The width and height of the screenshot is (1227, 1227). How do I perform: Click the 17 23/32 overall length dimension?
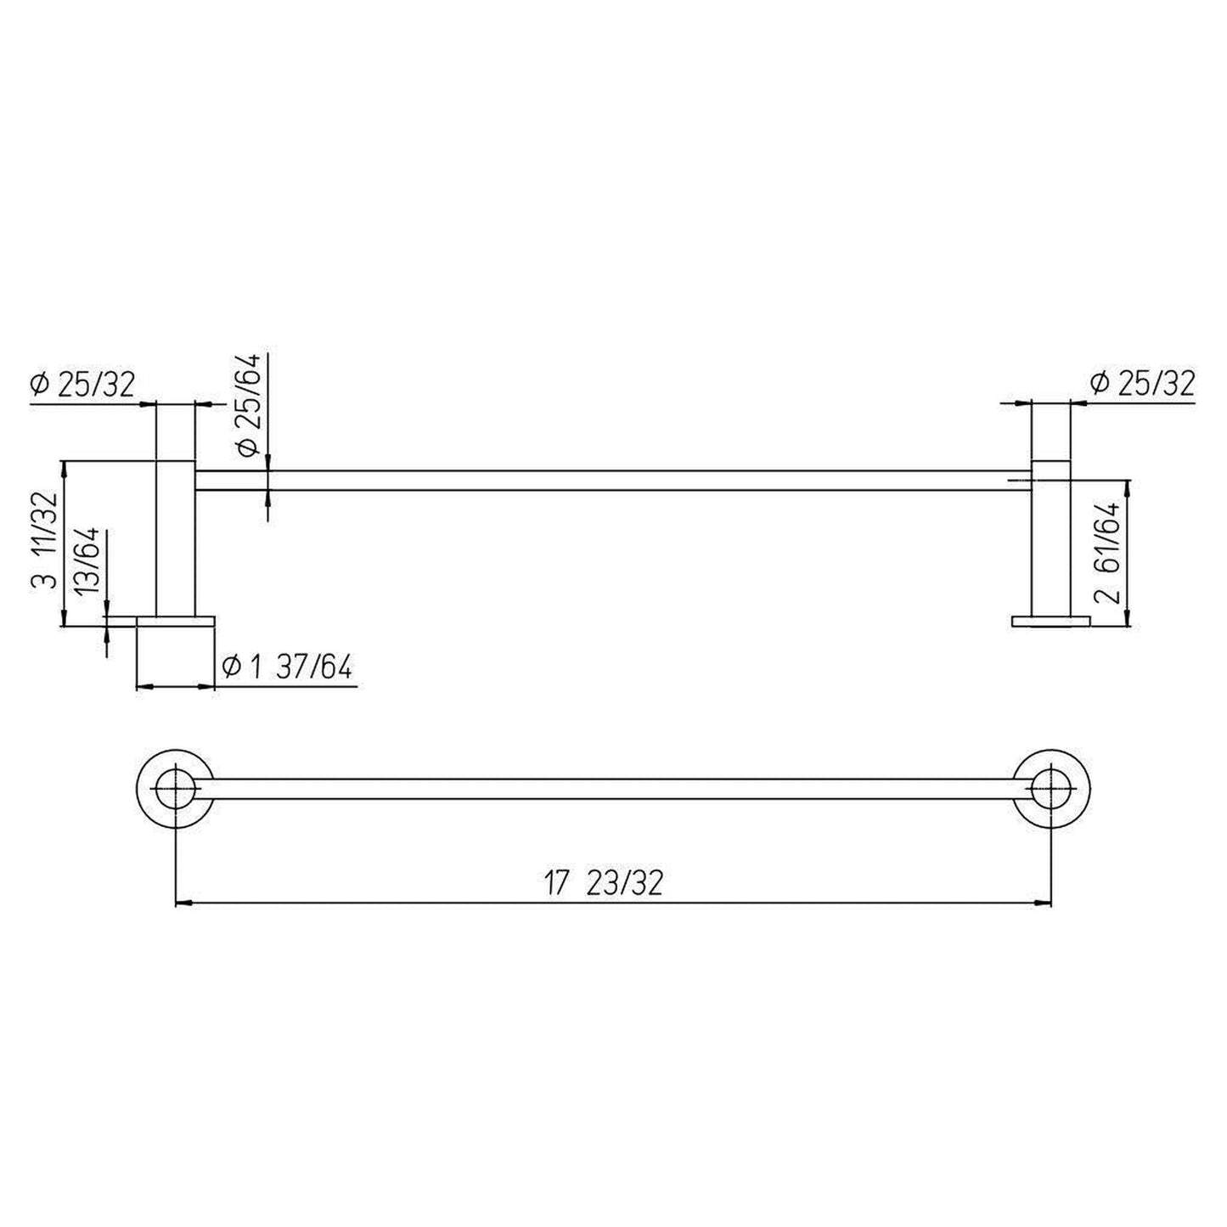tap(603, 883)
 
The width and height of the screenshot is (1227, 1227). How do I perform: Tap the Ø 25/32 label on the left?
tap(83, 385)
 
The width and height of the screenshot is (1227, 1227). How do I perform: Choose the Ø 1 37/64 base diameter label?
tap(286, 667)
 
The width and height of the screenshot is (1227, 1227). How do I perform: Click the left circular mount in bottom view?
tap(175, 787)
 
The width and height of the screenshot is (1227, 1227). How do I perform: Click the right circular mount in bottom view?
tap(1052, 787)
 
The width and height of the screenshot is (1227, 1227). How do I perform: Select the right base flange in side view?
tap(1051, 621)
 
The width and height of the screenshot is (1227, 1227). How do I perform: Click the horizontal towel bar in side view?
tap(611, 480)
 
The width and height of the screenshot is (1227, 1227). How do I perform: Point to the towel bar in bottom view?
tap(611, 787)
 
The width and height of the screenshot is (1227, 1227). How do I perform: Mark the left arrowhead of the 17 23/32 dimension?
tap(182, 903)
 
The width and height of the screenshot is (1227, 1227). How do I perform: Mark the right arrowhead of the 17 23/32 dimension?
tap(1045, 903)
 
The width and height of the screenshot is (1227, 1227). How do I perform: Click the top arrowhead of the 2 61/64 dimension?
tap(1128, 487)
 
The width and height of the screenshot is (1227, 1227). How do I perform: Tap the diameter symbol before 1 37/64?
tap(229, 667)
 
